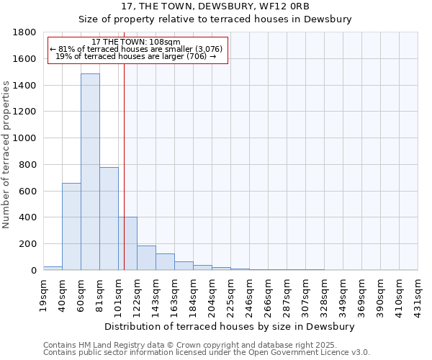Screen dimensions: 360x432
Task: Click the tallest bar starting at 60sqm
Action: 90,173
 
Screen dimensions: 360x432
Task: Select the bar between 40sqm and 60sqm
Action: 71,227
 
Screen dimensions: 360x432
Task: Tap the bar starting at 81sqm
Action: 109,219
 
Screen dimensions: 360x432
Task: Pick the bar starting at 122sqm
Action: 146,258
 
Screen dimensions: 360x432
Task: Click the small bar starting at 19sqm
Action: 53,268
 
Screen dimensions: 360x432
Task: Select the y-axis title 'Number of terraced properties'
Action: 6,154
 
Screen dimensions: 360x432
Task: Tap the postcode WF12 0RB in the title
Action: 315,6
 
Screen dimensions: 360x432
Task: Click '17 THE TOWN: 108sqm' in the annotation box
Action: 137,42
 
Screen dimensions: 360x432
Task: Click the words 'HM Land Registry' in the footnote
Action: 108,345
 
